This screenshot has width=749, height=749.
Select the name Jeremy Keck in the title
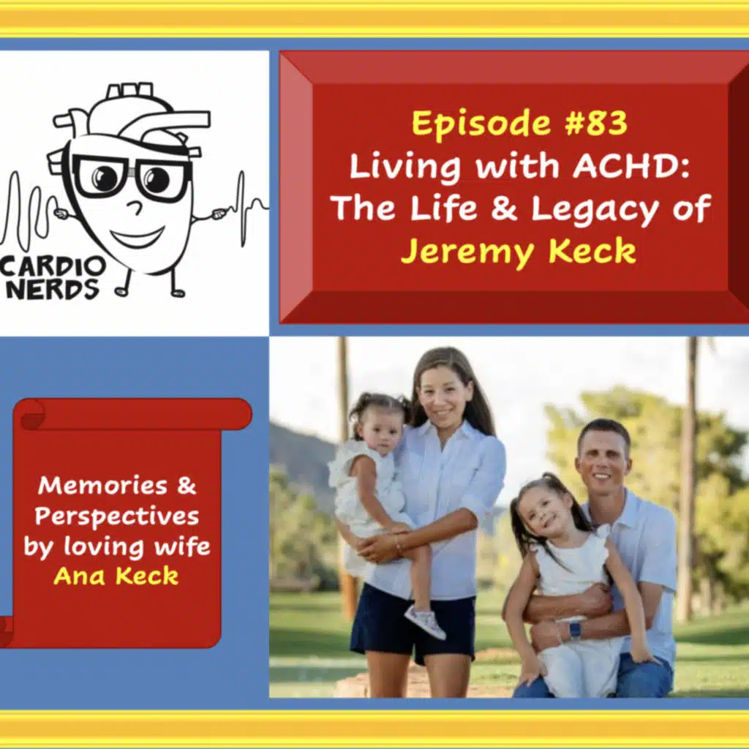518,251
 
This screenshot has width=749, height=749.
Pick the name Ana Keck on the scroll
116,576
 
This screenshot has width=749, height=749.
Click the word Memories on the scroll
107,485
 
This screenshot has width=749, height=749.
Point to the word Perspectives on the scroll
117,516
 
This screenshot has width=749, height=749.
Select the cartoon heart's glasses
132,176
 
